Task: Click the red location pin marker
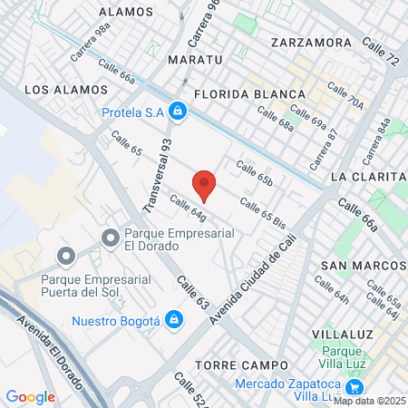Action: coord(205,184)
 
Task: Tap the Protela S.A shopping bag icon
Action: coord(179,112)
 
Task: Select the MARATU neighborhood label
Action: coord(195,60)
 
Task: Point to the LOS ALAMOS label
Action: coord(66,90)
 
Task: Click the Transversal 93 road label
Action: coord(159,175)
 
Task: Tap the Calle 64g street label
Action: coord(189,209)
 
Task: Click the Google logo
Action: coord(30,396)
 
